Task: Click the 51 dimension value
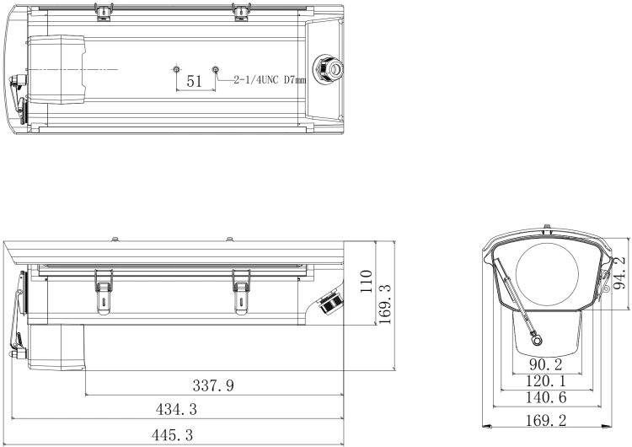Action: point(195,82)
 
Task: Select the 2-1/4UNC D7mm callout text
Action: point(270,80)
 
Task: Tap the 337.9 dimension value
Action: point(213,385)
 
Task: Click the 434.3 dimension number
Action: point(176,410)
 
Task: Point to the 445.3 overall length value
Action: point(172,435)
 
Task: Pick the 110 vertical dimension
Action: point(366,282)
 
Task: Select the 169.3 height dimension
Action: point(385,304)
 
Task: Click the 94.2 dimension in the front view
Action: point(619,273)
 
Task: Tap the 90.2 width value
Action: point(545,364)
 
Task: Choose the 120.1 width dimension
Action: point(546,381)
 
